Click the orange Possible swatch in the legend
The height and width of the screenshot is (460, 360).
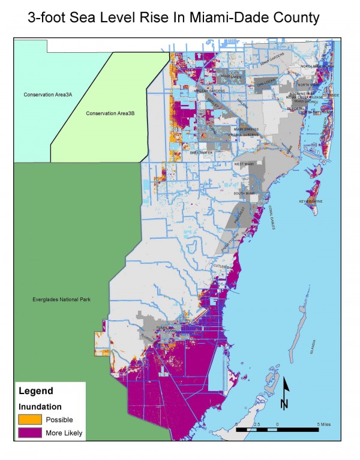click(29, 419)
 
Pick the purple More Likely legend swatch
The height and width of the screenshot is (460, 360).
click(29, 432)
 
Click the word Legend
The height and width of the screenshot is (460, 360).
click(36, 391)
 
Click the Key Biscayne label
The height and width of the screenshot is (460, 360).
click(311, 202)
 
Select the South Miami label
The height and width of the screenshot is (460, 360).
click(245, 193)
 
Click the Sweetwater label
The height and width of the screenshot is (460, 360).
click(201, 153)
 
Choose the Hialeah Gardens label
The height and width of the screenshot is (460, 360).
click(209, 91)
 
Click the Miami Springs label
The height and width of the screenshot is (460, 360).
click(245, 129)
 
